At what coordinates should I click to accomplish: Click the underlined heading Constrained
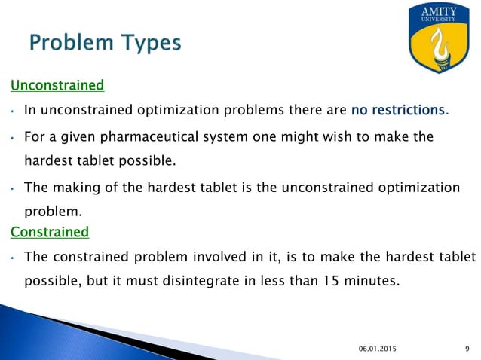tap(49, 232)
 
